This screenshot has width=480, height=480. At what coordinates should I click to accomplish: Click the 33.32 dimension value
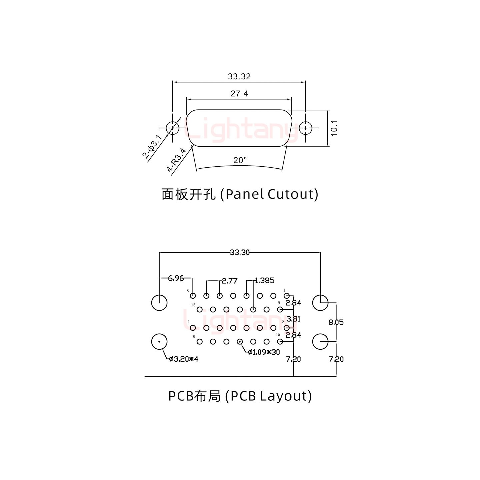(x=239, y=76)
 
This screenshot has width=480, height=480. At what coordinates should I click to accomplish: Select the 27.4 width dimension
(x=239, y=94)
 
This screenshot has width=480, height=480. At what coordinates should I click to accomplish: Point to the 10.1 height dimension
(x=334, y=128)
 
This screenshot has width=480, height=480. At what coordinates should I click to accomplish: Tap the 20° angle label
(x=240, y=160)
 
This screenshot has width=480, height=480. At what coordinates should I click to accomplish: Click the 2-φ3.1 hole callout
(x=152, y=147)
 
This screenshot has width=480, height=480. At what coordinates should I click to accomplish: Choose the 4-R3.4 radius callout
(x=177, y=160)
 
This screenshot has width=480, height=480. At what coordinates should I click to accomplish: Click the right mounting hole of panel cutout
(x=305, y=128)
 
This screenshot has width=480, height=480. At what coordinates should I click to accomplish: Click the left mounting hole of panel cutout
(x=172, y=128)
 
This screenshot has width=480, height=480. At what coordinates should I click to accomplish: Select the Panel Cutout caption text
(x=240, y=194)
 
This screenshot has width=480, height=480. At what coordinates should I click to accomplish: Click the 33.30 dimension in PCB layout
(x=240, y=252)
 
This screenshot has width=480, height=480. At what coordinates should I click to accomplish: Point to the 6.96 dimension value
(x=176, y=278)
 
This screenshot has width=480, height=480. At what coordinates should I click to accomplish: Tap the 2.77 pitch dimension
(x=230, y=281)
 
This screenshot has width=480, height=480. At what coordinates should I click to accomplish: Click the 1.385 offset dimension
(x=265, y=280)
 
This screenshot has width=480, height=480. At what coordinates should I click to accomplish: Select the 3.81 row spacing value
(x=293, y=319)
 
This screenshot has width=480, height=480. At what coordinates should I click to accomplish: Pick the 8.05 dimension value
(x=336, y=322)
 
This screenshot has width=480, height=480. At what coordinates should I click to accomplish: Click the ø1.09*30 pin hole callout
(x=264, y=352)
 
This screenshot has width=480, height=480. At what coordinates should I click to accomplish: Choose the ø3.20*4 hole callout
(x=183, y=359)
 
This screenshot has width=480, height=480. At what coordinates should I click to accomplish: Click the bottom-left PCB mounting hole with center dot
(x=159, y=342)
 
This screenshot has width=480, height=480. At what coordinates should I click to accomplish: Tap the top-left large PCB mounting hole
(x=159, y=303)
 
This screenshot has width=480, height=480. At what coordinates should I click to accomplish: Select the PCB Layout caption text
(x=240, y=396)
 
